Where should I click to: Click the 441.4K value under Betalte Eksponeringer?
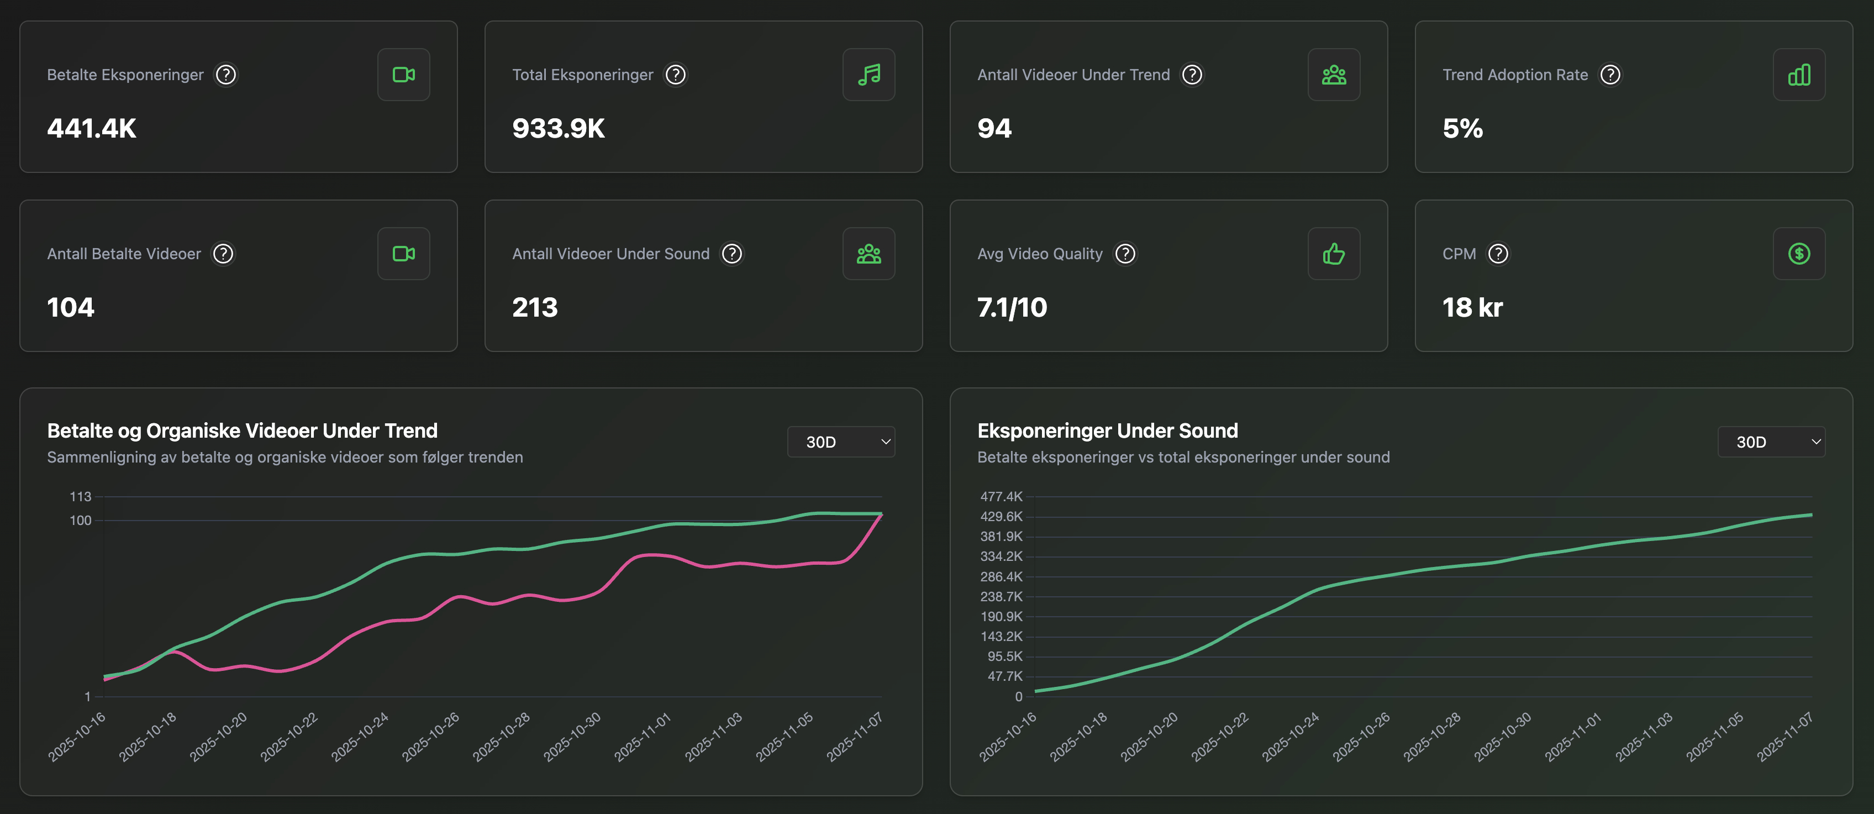click(x=92, y=128)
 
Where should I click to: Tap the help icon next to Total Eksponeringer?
click(x=675, y=75)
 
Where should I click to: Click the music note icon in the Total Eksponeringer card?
click(x=868, y=75)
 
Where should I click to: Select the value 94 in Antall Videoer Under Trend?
click(x=994, y=128)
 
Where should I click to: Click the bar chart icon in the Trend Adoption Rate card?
click(x=1798, y=75)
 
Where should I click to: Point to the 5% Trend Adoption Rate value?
click(x=1462, y=128)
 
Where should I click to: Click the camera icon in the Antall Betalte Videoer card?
click(x=404, y=254)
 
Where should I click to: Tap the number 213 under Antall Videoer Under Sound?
click(x=535, y=307)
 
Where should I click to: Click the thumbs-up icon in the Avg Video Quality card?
click(x=1334, y=254)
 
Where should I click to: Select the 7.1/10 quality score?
click(x=1012, y=307)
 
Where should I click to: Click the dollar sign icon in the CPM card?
click(x=1798, y=254)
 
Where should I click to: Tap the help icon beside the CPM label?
click(x=1498, y=254)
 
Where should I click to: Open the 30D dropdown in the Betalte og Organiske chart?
click(x=841, y=442)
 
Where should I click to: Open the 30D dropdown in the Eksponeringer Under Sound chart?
click(x=1771, y=442)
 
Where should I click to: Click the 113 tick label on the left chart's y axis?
click(x=80, y=497)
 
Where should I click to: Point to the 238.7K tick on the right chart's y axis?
click(x=1001, y=596)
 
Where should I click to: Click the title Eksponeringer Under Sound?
click(x=1107, y=430)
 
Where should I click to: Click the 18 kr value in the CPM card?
click(x=1472, y=307)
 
